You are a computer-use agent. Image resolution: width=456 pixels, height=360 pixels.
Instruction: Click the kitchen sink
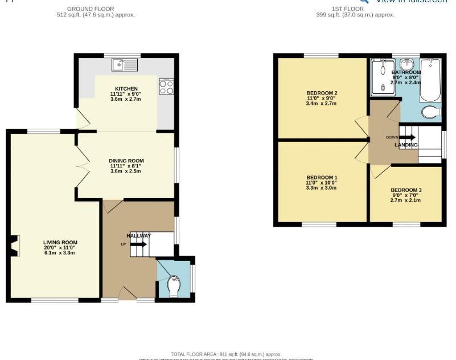[x=125, y=65]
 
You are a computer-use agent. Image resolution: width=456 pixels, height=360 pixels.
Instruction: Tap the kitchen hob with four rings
[x=166, y=86]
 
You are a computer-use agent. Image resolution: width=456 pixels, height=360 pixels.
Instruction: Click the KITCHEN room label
[x=126, y=89]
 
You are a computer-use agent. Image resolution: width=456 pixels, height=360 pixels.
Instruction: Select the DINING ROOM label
[x=126, y=161]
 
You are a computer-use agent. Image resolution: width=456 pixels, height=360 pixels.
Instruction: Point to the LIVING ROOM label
[x=60, y=242]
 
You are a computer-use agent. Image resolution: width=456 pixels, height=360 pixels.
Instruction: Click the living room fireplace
[x=14, y=246]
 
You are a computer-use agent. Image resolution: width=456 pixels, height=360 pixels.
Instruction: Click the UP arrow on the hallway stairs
[x=138, y=244]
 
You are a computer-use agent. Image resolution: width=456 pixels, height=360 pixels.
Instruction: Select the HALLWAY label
[x=139, y=235]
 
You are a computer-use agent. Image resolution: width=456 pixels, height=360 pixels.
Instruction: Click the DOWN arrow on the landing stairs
[x=408, y=137]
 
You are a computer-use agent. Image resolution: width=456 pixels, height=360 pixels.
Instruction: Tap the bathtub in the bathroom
[x=430, y=80]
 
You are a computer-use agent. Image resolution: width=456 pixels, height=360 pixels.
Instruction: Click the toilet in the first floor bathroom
[x=431, y=112]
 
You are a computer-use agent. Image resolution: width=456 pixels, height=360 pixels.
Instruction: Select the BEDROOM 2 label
[x=322, y=93]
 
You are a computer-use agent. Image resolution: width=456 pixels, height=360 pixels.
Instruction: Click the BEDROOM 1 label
[x=322, y=177]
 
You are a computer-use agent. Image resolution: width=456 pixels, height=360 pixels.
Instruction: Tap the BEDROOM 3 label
[x=406, y=190]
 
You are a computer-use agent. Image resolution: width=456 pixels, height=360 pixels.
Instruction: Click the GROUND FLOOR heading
[x=91, y=9]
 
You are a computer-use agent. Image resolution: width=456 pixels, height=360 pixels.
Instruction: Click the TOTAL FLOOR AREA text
[x=226, y=354]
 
